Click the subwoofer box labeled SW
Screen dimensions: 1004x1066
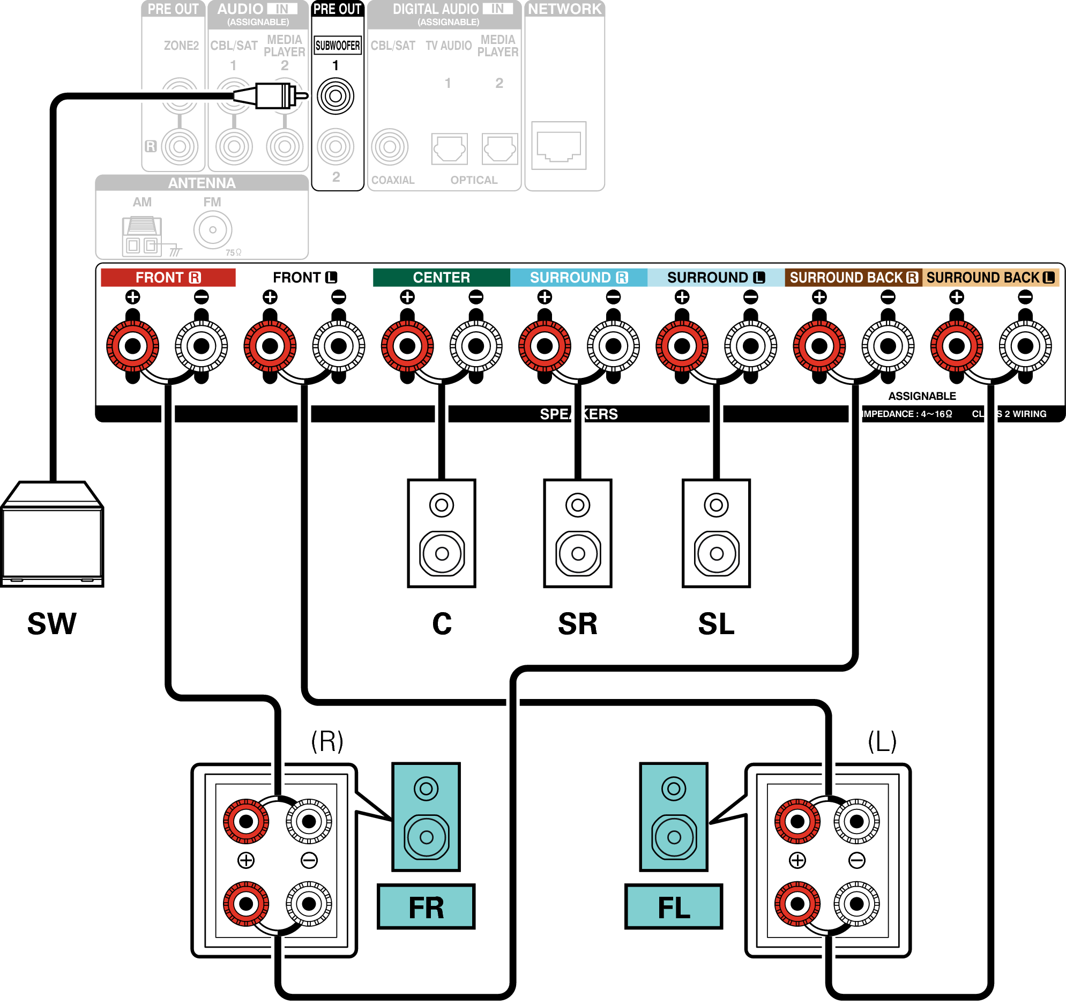click(52, 537)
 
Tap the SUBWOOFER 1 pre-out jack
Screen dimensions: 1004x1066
click(335, 96)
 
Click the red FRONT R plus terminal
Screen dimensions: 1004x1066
click(132, 346)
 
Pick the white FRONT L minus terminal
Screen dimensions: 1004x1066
click(338, 346)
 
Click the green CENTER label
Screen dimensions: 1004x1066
click(441, 277)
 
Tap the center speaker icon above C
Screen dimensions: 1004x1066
click(441, 533)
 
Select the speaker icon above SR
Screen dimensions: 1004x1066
click(578, 533)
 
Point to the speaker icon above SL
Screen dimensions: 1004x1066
click(716, 533)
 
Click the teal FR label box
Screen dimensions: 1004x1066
click(426, 907)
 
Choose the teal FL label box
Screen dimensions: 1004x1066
click(674, 907)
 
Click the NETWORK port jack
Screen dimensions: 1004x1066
click(558, 145)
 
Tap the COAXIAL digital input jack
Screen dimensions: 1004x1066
click(390, 146)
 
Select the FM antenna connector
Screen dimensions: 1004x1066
click(212, 229)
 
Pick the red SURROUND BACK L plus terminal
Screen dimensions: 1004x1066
click(956, 346)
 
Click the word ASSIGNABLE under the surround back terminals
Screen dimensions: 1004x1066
click(922, 396)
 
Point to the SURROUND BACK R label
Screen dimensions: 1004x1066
click(853, 277)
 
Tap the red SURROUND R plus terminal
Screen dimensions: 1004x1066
click(545, 346)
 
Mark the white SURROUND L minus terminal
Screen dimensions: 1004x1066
click(750, 346)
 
